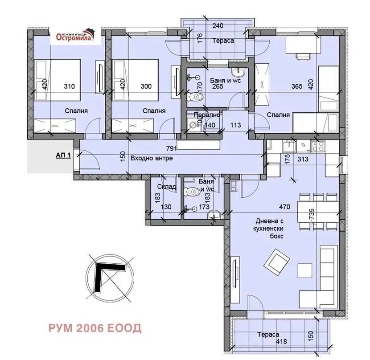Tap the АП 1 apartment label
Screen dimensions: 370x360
[x=63, y=155]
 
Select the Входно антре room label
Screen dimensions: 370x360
[x=152, y=158]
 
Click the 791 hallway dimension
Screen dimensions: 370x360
[x=171, y=148]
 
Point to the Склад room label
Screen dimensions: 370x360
[x=166, y=187]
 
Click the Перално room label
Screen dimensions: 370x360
[x=207, y=115]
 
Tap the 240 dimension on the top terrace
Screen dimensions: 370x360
[x=218, y=25]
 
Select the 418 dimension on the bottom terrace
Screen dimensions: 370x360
[x=281, y=341]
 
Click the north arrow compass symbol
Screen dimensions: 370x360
[x=110, y=278]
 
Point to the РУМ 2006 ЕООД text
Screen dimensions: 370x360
[x=95, y=328]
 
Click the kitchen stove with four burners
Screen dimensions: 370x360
[x=318, y=146]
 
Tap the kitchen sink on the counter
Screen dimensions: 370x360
[x=289, y=146]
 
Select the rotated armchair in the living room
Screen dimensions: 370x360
[x=276, y=262]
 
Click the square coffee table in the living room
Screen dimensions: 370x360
[x=305, y=270]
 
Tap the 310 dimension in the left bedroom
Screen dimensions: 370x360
[x=70, y=86]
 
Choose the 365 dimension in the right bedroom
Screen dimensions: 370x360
[x=296, y=86]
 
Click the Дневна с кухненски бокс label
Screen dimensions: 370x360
[x=270, y=229]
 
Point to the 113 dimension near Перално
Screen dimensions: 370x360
[x=235, y=125]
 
